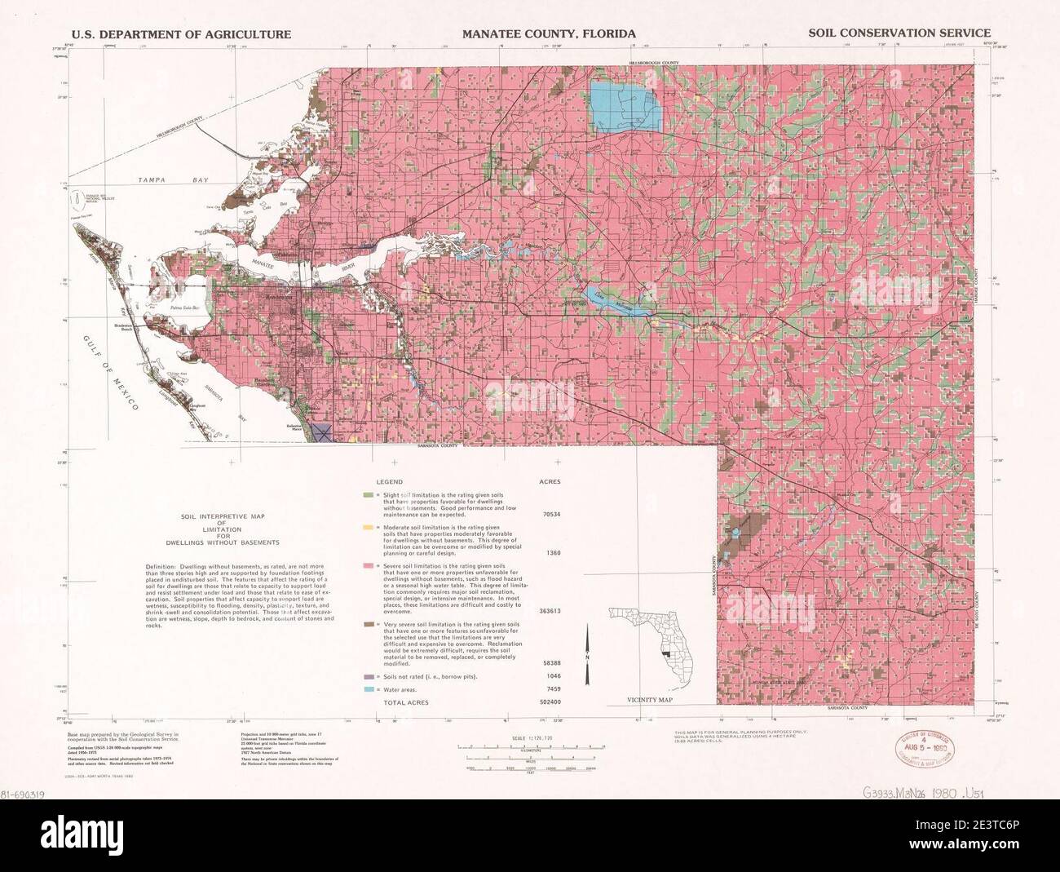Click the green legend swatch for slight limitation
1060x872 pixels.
(x=369, y=495)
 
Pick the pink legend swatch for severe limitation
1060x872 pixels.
(x=369, y=564)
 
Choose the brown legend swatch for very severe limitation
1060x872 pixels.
(x=369, y=624)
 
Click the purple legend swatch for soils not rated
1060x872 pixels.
(x=369, y=676)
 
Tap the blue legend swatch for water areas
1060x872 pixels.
(x=369, y=689)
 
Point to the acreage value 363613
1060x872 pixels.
(x=548, y=610)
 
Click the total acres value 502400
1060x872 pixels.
(x=548, y=702)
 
